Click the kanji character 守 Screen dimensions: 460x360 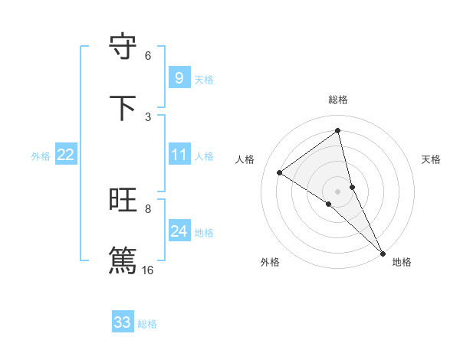123,46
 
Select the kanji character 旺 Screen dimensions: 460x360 123,200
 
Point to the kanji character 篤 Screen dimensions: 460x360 123,260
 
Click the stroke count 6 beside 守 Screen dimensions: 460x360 148,56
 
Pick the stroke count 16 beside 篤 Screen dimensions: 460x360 148,270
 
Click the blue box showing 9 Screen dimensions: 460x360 179,78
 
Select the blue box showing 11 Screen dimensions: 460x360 179,155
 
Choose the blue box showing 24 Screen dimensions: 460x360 179,231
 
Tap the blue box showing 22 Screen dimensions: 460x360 65,155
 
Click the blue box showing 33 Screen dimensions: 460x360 122,322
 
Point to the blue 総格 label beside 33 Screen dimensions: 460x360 147,324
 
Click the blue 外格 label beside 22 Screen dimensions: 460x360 41,156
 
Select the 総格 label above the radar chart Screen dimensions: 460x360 338,100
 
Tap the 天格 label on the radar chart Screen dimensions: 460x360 432,159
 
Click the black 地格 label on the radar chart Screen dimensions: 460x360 402,262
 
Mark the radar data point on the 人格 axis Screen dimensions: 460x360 280,173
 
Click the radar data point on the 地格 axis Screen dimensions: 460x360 383,252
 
